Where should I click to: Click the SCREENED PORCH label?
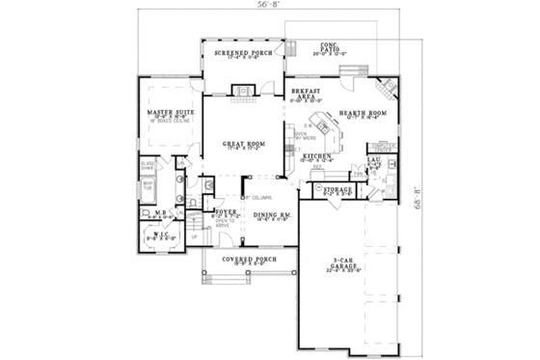click(x=243, y=53)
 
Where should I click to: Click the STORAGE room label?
click(x=337, y=190)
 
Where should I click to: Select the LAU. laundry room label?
click(x=375, y=160)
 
